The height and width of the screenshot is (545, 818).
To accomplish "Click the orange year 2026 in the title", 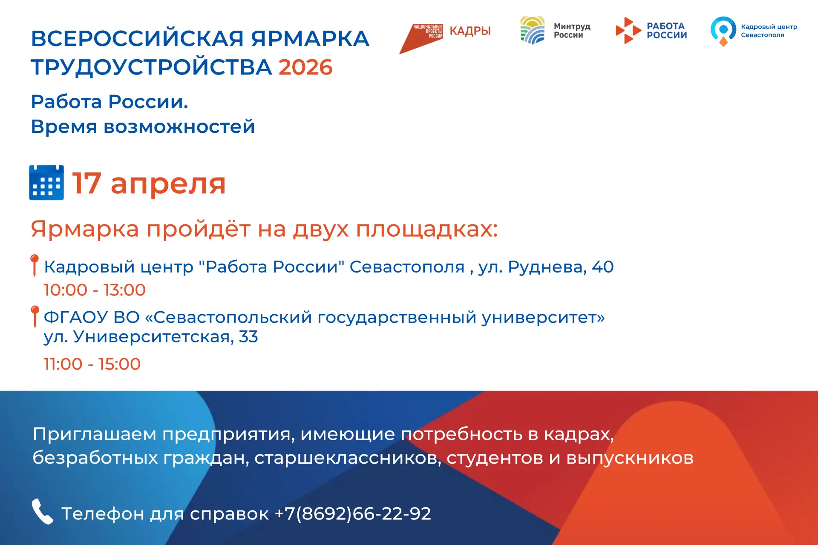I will click(305, 67).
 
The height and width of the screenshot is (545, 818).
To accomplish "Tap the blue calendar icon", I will click(46, 183).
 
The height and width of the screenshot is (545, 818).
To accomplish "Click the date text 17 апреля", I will click(149, 184).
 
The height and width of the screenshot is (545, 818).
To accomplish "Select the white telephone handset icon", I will click(42, 511).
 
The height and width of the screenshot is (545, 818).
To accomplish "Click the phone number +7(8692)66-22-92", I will click(353, 513).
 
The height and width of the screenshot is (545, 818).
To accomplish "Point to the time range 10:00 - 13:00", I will click(95, 290).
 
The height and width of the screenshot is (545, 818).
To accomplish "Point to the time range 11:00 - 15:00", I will click(92, 364).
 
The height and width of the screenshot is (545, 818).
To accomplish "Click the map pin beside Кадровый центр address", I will click(35, 265).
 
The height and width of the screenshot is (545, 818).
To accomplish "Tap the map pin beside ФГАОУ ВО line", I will click(35, 316).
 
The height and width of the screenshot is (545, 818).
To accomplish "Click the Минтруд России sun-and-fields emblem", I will click(533, 30).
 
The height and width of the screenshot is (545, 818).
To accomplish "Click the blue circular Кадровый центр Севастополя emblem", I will click(723, 30).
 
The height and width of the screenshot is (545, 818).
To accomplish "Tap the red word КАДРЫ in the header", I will click(470, 31).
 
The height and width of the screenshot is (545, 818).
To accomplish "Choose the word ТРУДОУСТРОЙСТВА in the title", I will click(151, 67).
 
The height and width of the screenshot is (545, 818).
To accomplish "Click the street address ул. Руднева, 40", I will click(546, 267).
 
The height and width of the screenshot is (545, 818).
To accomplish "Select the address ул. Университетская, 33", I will click(151, 337).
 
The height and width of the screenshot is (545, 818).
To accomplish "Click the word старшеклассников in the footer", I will click(348, 458).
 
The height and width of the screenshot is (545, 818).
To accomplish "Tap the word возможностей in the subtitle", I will click(179, 127).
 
